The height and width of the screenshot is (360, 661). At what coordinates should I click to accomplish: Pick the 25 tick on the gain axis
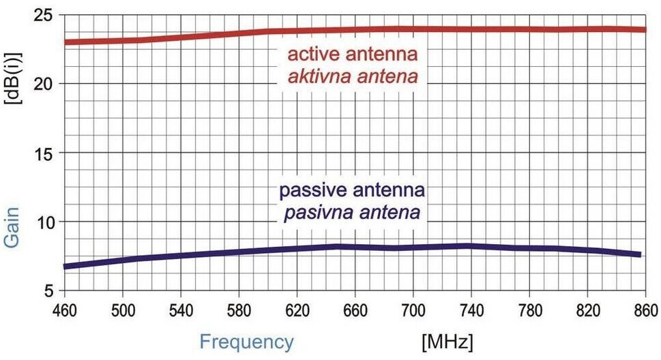tap(43, 15)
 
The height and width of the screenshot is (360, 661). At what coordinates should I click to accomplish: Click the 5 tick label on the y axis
tap(48, 291)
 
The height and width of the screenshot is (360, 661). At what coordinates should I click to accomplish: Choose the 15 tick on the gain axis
tap(43, 153)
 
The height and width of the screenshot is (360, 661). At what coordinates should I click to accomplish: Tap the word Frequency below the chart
tap(248, 342)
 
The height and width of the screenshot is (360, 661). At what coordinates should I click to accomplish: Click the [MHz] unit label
tap(447, 340)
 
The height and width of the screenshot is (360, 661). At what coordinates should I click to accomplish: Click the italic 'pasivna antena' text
tap(353, 213)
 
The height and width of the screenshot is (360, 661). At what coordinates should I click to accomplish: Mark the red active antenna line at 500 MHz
tap(121, 40)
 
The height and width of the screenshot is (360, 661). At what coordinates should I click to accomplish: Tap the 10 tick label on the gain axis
tap(43, 222)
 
